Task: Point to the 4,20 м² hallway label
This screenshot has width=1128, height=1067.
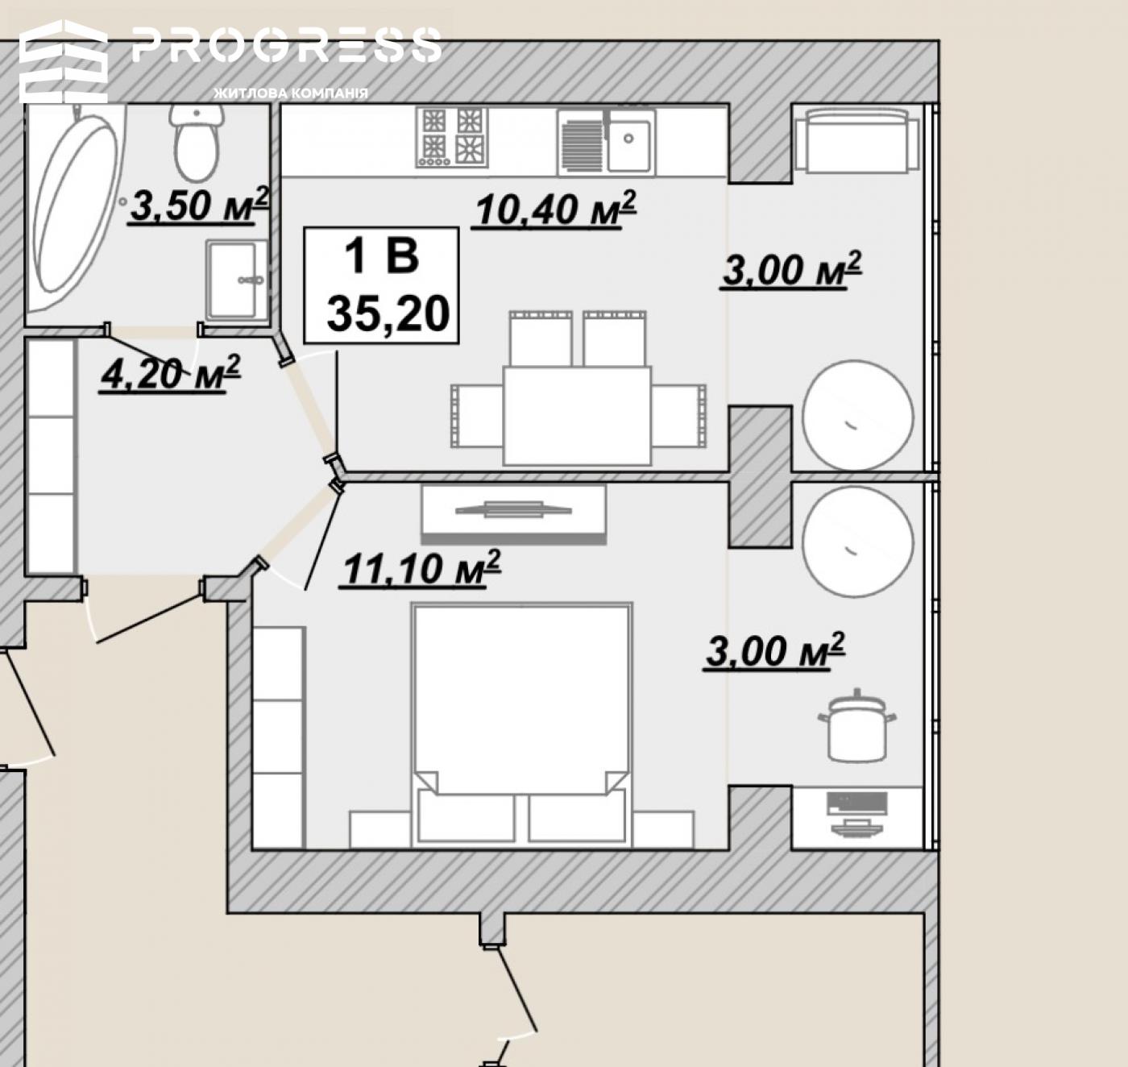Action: (x=170, y=374)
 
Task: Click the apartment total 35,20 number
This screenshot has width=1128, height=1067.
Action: (x=388, y=314)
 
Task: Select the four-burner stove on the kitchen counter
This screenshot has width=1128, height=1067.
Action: (x=453, y=138)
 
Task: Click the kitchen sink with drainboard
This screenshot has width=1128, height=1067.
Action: (x=606, y=141)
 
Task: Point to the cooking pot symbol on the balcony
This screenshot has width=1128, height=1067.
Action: (x=856, y=725)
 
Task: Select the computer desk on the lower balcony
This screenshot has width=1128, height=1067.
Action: (x=857, y=817)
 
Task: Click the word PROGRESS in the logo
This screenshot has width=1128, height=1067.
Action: (x=287, y=45)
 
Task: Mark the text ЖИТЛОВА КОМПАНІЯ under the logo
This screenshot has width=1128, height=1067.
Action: (x=291, y=93)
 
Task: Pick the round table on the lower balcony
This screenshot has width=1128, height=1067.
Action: (x=858, y=542)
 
